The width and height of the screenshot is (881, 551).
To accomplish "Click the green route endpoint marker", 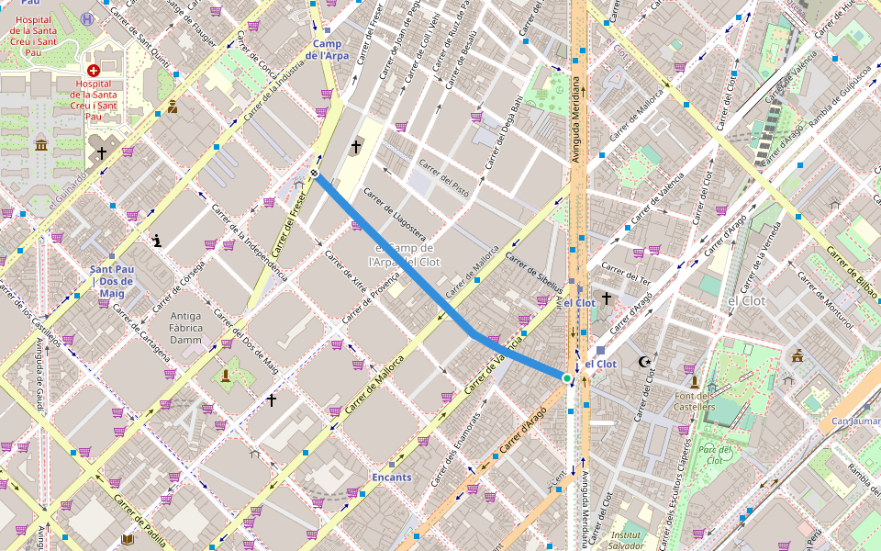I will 567,377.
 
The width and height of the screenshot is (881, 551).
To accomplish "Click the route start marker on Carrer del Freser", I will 315,173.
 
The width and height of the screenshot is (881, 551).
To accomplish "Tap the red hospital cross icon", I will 93,71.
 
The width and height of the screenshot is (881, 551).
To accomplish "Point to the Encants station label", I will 392,478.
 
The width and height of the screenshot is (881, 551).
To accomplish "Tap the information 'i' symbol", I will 158,242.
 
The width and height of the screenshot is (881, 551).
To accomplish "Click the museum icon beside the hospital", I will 41,146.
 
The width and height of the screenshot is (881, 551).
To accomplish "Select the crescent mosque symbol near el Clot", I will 644,362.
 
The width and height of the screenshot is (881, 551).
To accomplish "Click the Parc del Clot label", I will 713,455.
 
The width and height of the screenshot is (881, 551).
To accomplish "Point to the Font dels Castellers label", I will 694,400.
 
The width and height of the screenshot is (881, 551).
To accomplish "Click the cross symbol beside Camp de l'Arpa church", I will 357,147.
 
